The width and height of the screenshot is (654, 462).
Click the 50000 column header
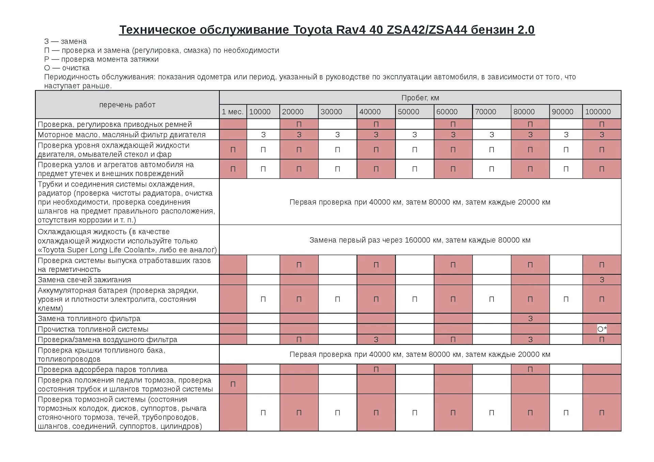tap(408, 112)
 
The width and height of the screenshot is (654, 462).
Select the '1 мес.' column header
tap(233, 112)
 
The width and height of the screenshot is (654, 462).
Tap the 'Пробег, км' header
tap(420, 98)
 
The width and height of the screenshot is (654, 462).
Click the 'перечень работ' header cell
tap(127, 105)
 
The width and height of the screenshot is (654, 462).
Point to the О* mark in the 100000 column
tap(602, 329)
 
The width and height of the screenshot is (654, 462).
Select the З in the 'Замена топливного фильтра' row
tap(530, 319)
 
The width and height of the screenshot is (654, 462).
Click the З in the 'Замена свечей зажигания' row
tap(602, 280)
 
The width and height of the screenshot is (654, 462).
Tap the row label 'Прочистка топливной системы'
tap(93, 329)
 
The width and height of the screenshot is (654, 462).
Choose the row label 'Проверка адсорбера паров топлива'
tap(103, 369)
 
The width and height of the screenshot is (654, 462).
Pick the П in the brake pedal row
tap(233, 384)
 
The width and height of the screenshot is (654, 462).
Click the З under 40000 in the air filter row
tap(376, 339)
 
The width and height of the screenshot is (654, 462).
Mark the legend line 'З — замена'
tap(65, 42)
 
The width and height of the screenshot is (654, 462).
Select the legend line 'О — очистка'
tap(67, 68)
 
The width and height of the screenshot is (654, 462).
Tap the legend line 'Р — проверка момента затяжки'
tap(102, 59)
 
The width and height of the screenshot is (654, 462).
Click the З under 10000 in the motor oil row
tap(263, 135)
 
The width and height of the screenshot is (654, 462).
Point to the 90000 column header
tap(562, 112)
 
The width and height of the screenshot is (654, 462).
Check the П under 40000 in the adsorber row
tap(376, 369)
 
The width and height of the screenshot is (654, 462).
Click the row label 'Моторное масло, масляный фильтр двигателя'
tap(122, 135)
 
